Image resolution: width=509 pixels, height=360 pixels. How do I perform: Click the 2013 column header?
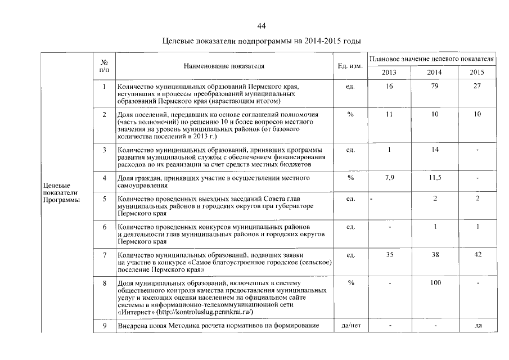389,73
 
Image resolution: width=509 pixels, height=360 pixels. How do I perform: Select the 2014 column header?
434,73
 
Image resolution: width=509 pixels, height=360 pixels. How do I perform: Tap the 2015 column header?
477,73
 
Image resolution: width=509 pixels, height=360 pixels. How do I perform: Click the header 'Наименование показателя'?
224,66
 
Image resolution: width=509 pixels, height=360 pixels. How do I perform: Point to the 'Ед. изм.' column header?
350,66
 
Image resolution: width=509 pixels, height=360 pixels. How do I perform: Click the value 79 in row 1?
434,87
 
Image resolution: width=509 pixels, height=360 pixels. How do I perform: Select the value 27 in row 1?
477,87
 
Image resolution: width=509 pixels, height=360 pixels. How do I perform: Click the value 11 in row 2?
389,114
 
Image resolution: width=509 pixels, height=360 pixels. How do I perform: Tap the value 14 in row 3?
434,150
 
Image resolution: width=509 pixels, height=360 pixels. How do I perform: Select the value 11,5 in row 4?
434,178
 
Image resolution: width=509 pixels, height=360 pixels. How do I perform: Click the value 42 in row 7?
477,255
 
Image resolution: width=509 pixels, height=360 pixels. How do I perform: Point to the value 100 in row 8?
434,282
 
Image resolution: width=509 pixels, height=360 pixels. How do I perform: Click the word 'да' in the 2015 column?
478,325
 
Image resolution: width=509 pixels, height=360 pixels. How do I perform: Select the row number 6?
105,226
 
